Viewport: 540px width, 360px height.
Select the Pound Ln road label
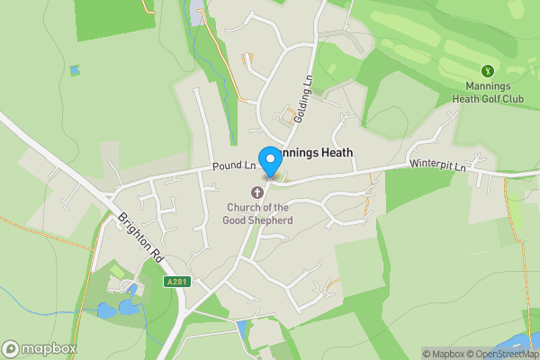point(235,166)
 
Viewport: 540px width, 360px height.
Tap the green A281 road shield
point(178,283)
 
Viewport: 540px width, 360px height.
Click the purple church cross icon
point(257,192)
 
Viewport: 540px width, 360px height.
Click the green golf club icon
point(489,70)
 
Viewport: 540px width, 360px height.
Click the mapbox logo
point(40,348)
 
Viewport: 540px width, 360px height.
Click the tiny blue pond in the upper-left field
point(74,69)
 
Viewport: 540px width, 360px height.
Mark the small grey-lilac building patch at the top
point(198,15)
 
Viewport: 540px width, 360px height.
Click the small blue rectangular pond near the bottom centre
point(240,328)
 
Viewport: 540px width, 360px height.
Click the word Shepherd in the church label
point(270,220)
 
